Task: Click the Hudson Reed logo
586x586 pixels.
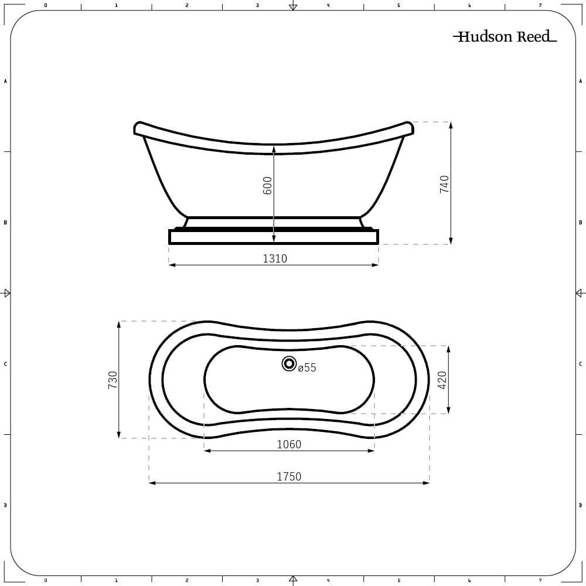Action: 505,36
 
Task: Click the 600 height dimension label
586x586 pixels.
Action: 268,185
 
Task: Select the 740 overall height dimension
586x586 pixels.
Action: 444,184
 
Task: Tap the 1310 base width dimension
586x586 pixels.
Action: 275,258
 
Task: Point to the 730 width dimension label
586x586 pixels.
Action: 113,380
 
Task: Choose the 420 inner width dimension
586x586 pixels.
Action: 442,380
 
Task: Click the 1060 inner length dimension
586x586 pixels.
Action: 289,444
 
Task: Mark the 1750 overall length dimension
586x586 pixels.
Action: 289,476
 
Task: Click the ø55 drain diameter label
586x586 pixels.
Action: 307,368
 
